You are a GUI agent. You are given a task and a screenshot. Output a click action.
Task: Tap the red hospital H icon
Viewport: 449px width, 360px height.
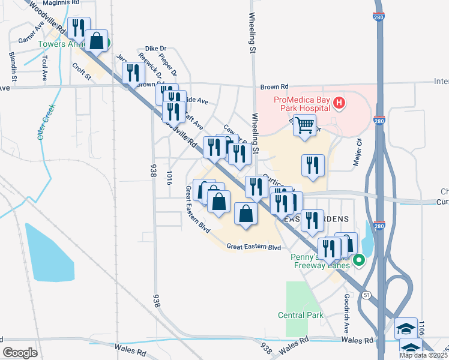pos(339,103)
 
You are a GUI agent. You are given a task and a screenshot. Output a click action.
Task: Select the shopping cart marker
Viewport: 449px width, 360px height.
pos(305,126)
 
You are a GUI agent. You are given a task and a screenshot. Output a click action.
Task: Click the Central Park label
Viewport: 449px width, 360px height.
pos(301,315)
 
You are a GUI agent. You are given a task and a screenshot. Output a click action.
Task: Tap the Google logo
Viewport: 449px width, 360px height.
pos(20,352)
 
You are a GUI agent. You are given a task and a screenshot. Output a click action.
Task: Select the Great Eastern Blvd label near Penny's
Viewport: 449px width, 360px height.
pos(254,247)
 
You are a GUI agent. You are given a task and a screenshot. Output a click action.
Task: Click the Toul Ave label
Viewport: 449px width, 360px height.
pos(45,68)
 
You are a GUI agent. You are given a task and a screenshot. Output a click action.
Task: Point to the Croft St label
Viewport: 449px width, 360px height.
pos(80,72)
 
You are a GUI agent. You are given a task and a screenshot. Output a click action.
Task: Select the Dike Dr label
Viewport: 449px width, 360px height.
pos(155,49)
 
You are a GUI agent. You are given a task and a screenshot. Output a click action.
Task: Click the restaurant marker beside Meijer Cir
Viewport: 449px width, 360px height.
pos(313,166)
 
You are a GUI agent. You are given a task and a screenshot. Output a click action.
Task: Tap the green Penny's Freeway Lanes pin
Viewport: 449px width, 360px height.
pos(359,260)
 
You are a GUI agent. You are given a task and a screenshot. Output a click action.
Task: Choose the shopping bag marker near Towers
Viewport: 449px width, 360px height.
pos(97,41)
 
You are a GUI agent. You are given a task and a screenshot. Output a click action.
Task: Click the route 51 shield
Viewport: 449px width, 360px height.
pos(366,295)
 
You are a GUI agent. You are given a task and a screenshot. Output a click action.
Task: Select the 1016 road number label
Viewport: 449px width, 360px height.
pos(170,178)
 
